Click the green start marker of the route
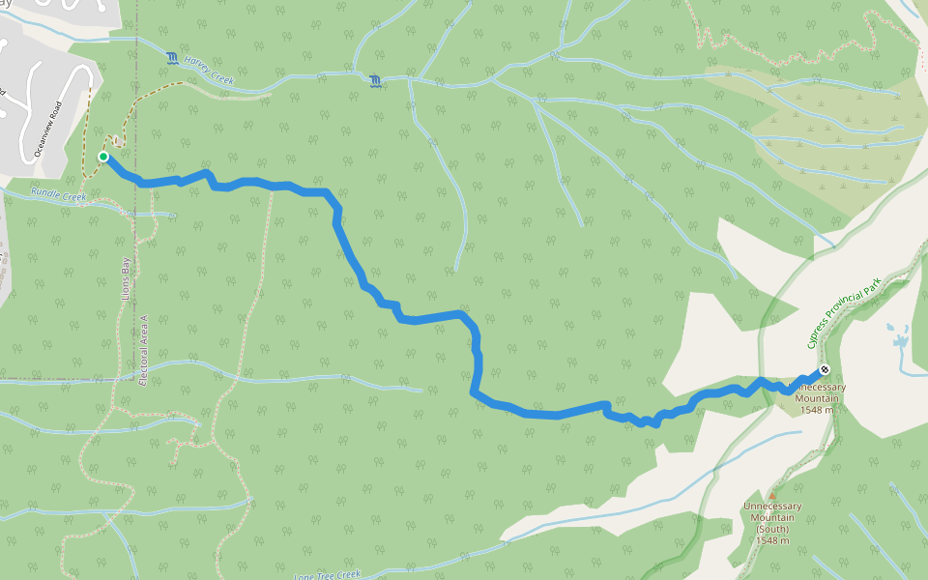pos(102,157)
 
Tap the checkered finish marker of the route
pos(824,369)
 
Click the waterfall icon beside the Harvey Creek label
pos(172,59)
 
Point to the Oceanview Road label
pos(47,130)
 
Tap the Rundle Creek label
pos(58,196)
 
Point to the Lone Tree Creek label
pos(327,575)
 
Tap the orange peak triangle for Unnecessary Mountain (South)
pos(772,496)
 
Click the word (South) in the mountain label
pos(773,529)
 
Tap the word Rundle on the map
pos(45,193)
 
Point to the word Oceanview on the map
pos(43,138)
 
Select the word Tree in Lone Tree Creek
pos(326,575)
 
